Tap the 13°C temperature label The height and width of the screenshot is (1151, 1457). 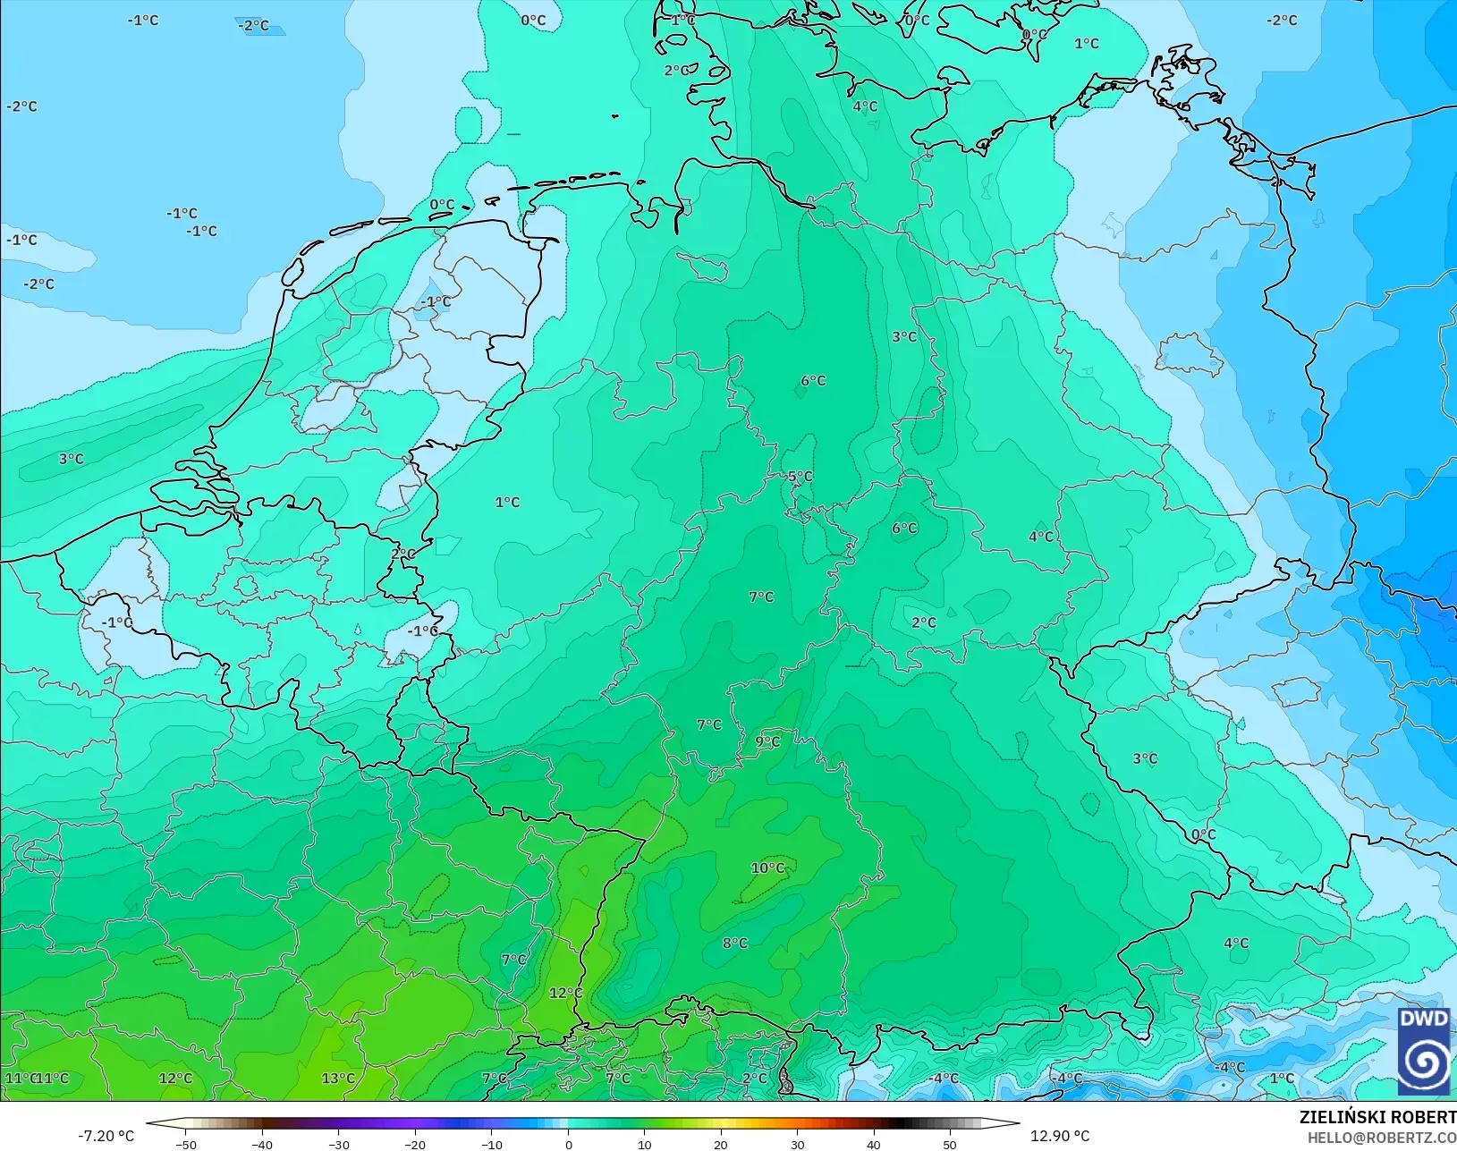(338, 1079)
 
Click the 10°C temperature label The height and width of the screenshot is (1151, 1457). (767, 868)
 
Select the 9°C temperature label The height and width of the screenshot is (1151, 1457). (767, 741)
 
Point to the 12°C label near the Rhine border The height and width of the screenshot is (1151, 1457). (565, 994)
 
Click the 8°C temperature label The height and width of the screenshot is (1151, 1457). (735, 944)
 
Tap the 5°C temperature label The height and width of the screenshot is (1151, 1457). (800, 477)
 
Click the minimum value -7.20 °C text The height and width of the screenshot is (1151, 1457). (106, 1136)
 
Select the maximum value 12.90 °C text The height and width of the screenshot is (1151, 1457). (1060, 1136)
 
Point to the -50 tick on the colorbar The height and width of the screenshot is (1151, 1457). (186, 1144)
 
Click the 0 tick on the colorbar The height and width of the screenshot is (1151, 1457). (568, 1144)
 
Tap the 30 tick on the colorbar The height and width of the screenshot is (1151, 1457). (797, 1144)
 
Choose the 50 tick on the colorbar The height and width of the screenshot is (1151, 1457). (950, 1144)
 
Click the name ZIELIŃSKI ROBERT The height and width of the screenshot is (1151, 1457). (1377, 1118)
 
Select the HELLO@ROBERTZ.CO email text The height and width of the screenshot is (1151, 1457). (1382, 1138)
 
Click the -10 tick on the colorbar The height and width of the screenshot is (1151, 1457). (491, 1144)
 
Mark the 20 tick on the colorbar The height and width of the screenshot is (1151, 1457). (721, 1144)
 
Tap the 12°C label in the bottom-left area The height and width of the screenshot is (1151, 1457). (175, 1079)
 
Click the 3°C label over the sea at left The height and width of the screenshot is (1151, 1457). (72, 459)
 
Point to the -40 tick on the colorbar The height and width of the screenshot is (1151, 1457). (262, 1144)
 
